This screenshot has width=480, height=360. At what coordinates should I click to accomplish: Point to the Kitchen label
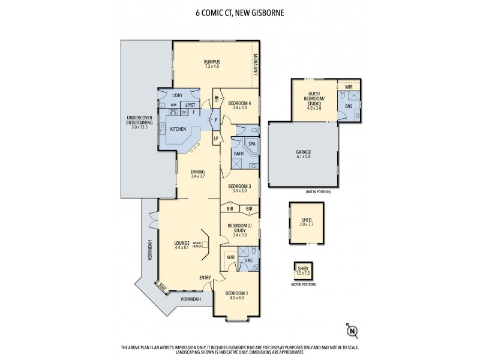coord(178,129)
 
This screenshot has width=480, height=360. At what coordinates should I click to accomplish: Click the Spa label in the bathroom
coord(251,144)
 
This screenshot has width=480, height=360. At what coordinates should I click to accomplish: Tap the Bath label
coord(238,154)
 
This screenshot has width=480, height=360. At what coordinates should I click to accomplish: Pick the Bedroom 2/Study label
coord(239,229)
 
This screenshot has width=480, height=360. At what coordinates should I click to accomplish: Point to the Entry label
coord(205,277)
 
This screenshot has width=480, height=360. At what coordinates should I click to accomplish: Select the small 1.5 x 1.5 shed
coord(302,271)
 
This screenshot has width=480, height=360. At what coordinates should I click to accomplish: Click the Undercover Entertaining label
coord(137,122)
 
